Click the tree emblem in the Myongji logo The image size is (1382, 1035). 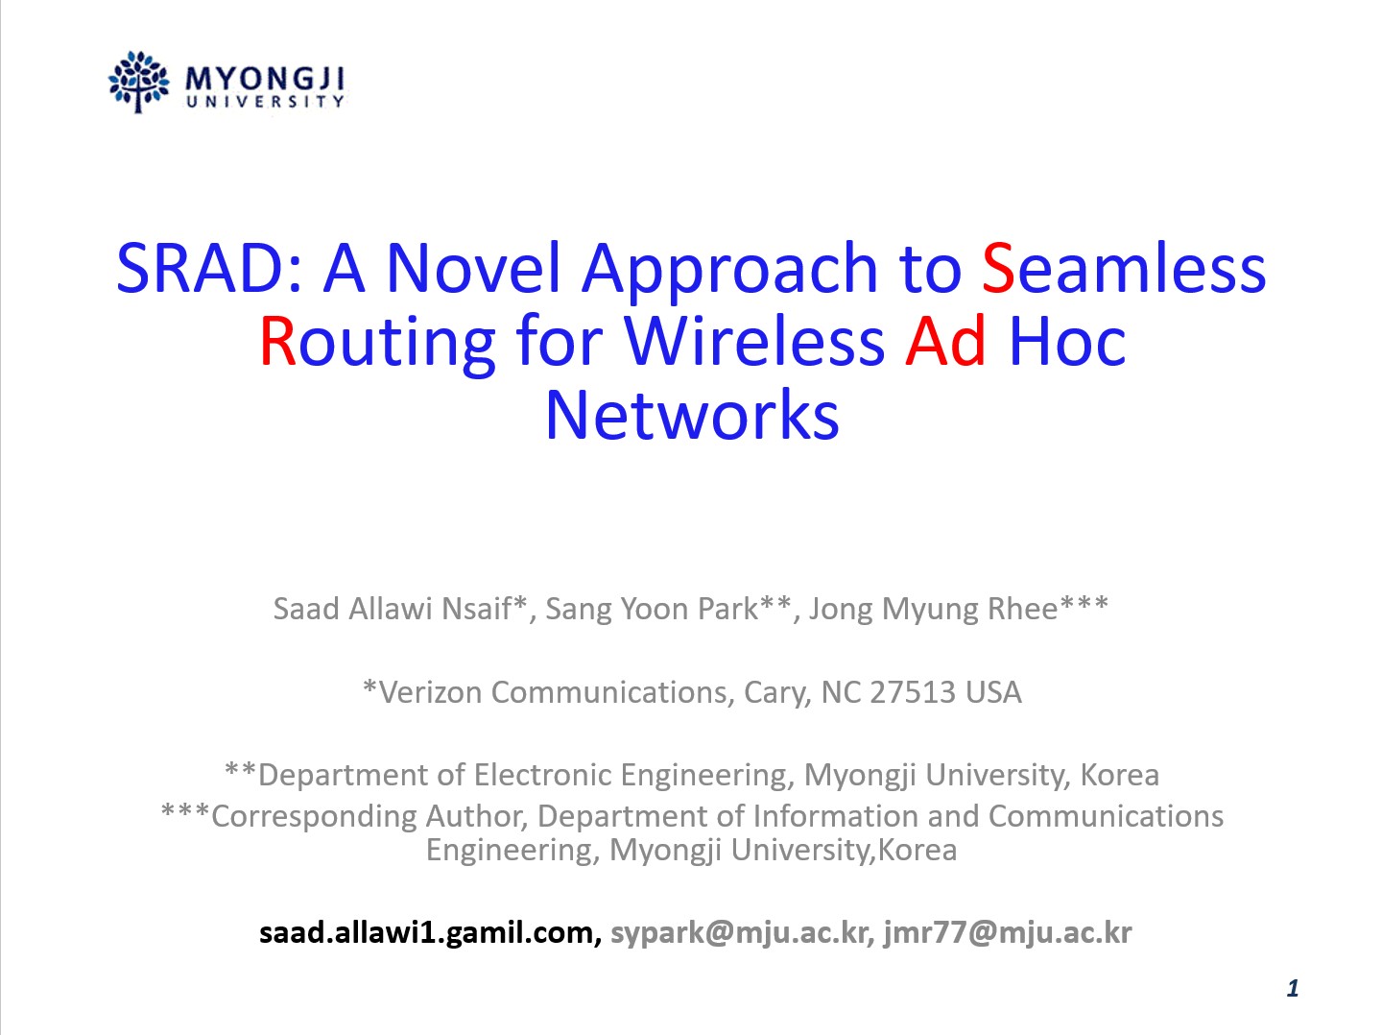point(138,82)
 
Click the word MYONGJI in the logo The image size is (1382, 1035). point(265,80)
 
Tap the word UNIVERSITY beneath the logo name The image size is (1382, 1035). point(265,102)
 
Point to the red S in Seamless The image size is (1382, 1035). point(998,269)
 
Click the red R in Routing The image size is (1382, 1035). point(277,342)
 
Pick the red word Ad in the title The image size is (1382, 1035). point(945,342)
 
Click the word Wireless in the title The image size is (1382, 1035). point(754,342)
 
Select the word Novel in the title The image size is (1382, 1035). point(473,269)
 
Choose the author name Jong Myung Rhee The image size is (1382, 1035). point(933,610)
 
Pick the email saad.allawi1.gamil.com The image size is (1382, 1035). point(427,933)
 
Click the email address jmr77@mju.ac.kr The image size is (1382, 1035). point(1008,933)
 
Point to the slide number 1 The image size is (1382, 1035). point(1293,988)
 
